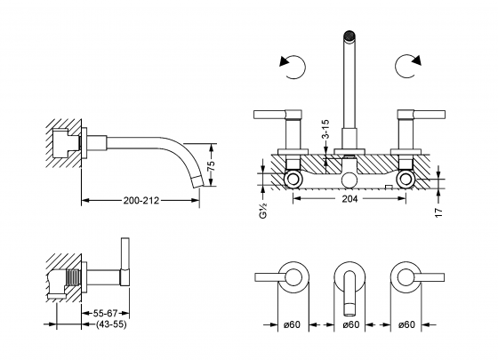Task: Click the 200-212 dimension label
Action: click(141, 200)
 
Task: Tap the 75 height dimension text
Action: click(213, 165)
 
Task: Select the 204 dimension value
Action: click(349, 199)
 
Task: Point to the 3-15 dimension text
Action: click(325, 129)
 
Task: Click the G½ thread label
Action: click(263, 211)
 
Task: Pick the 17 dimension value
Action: click(438, 212)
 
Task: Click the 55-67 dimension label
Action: click(105, 313)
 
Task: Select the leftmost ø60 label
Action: click(292, 324)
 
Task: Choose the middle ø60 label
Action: click(351, 324)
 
